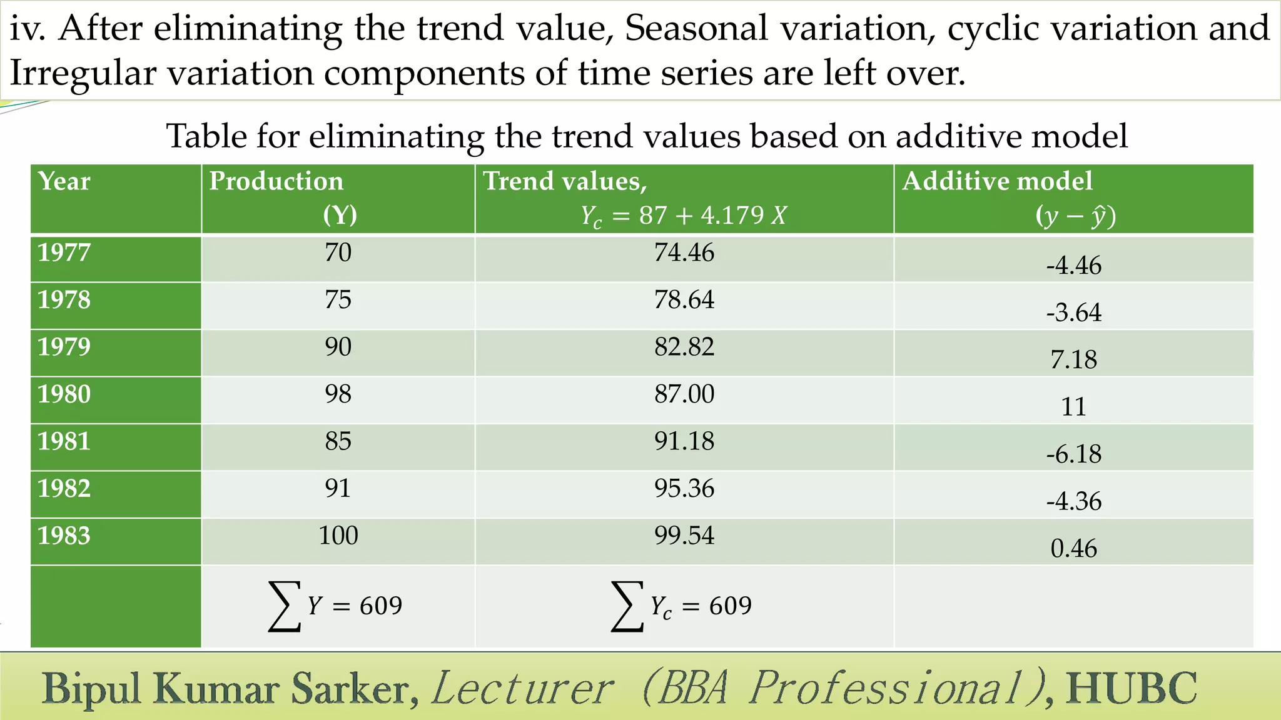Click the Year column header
click(x=64, y=181)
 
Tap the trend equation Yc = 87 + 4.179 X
click(x=683, y=216)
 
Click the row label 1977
click(x=64, y=252)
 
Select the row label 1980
click(x=64, y=394)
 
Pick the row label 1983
click(x=64, y=536)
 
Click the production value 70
click(x=338, y=252)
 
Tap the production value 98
click(x=338, y=394)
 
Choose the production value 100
click(x=338, y=536)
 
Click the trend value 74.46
click(x=684, y=252)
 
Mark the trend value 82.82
click(x=684, y=347)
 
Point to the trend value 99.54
click(x=684, y=536)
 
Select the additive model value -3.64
click(x=1073, y=312)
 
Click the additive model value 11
click(x=1073, y=407)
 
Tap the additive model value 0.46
click(x=1073, y=549)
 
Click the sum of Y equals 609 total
click(x=336, y=606)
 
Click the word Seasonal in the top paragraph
click(x=696, y=28)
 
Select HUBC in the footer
click(x=1132, y=689)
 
